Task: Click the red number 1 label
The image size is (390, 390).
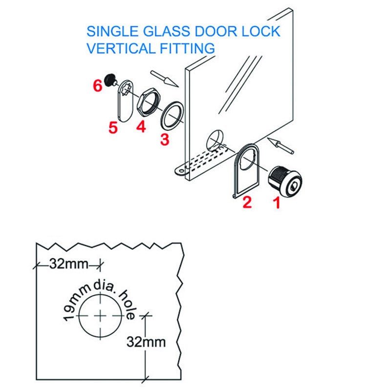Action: [276, 202]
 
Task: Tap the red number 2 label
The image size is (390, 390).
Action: [247, 202]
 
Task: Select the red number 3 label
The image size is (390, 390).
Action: [165, 139]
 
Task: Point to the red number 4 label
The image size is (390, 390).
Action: [141, 127]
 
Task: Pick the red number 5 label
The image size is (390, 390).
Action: [113, 129]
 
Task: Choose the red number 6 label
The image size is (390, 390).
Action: [97, 85]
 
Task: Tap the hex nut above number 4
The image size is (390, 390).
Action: [148, 101]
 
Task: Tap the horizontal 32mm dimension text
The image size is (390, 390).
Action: [68, 264]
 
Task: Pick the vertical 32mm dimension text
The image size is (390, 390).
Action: [146, 342]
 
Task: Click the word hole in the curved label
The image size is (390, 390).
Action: [126, 303]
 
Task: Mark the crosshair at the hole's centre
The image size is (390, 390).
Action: [101, 315]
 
